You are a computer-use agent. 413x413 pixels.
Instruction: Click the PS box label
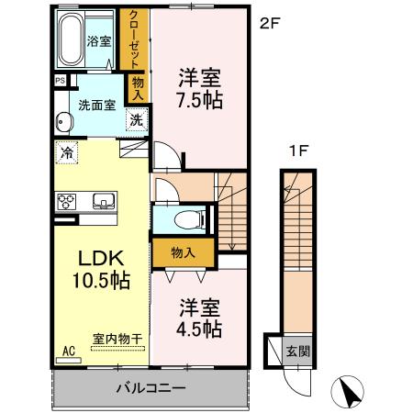(x=61, y=81)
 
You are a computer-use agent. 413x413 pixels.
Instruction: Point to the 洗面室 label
(x=95, y=105)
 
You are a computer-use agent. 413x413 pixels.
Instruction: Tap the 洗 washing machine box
(x=135, y=119)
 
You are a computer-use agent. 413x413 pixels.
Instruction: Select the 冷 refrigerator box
(x=66, y=153)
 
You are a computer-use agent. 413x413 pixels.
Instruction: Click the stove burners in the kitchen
(x=68, y=201)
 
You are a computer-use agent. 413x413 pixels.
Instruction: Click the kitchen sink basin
(x=101, y=200)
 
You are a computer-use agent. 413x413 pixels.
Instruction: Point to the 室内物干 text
(x=118, y=340)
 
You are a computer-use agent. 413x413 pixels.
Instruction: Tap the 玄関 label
(x=299, y=349)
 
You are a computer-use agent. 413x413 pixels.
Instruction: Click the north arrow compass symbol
(x=352, y=393)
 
